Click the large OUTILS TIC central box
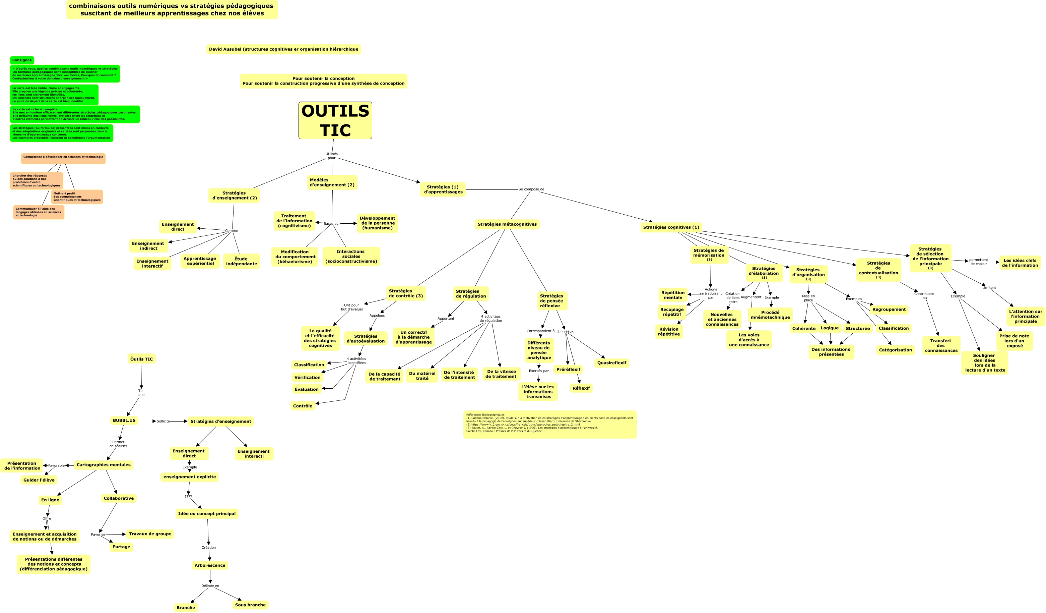tap(335, 120)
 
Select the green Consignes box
tap(22, 60)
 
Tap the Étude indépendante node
tap(241, 261)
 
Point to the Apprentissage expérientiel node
tap(200, 261)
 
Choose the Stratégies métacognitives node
tap(507, 224)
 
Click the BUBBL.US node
tap(124, 420)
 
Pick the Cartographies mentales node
tap(103, 465)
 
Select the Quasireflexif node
tap(611, 363)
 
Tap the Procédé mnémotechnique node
tap(770, 315)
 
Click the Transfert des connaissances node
tap(941, 345)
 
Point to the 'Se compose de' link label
tap(531, 189)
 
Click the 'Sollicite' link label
tap(163, 421)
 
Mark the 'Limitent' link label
tap(989, 287)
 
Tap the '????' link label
tap(188, 496)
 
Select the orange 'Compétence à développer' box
tap(63, 158)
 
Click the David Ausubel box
tap(283, 49)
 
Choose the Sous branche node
tap(250, 605)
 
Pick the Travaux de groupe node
tap(150, 534)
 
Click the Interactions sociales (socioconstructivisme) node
tap(351, 257)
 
